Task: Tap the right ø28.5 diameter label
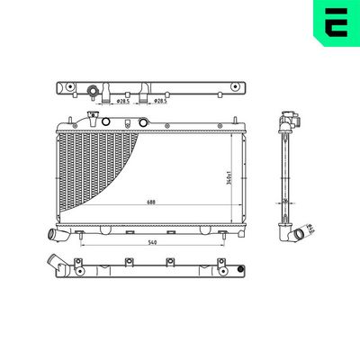159,102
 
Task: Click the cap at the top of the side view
290,117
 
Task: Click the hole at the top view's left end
66,88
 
